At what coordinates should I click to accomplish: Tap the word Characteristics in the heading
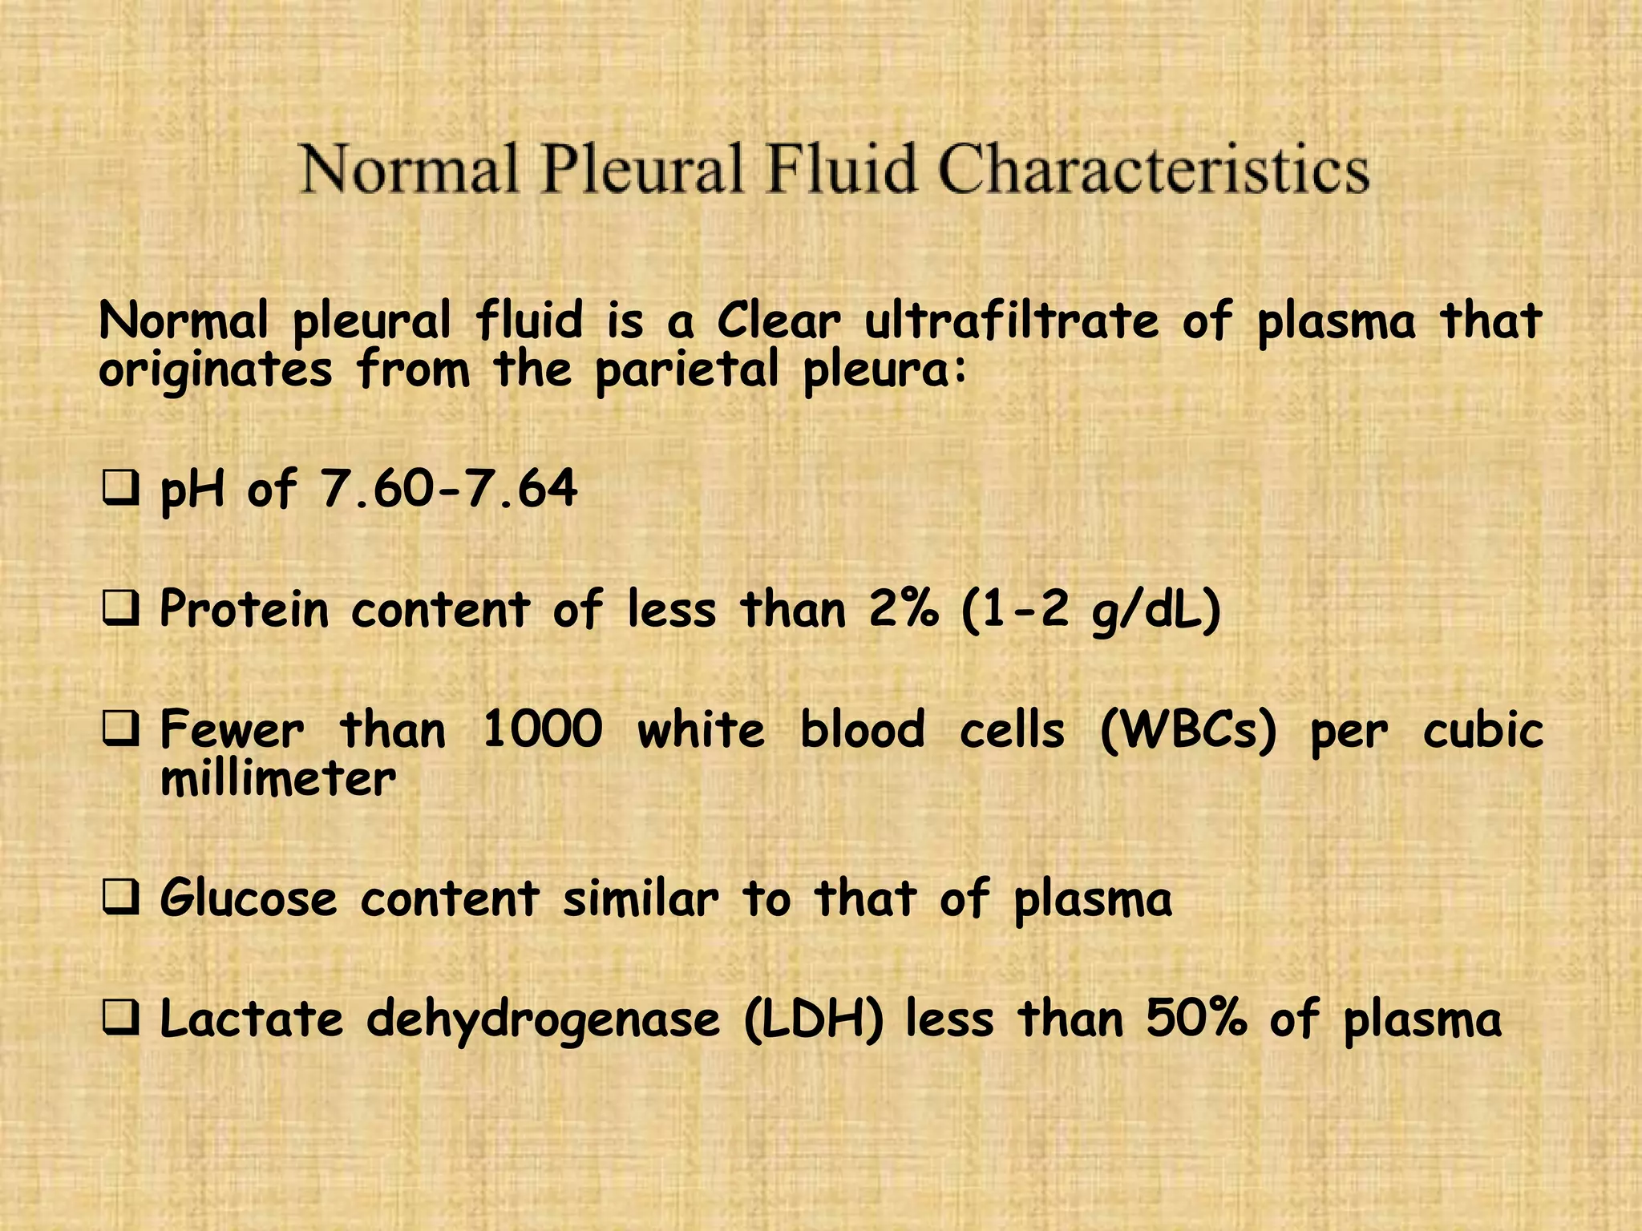pos(1153,169)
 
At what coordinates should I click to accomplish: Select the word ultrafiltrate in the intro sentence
pos(1011,321)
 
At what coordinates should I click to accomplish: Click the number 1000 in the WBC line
pos(543,730)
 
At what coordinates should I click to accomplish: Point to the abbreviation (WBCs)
pos(1187,731)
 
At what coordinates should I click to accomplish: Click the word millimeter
pos(278,779)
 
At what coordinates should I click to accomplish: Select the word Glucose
pos(249,898)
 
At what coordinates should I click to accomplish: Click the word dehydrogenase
pos(544,1020)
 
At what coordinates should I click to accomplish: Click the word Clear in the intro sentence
pos(779,321)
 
